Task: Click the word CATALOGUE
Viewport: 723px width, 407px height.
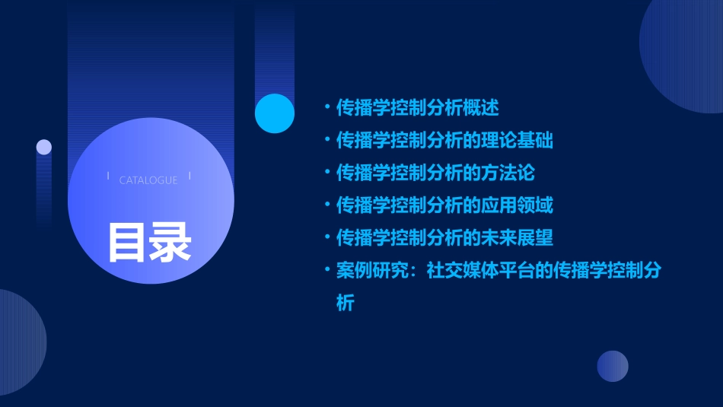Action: tap(148, 180)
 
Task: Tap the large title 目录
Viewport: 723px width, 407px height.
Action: tap(149, 242)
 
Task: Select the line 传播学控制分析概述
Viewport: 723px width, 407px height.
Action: tap(418, 108)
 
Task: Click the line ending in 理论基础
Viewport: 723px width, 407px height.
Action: tap(444, 141)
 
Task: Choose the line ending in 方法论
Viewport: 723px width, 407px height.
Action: tap(435, 173)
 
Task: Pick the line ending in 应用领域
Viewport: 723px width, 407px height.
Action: tap(444, 205)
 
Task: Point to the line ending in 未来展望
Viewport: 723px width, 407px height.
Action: tap(444, 238)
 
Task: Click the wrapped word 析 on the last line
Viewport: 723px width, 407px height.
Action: tap(346, 304)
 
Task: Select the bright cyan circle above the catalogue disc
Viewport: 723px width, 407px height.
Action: tap(275, 113)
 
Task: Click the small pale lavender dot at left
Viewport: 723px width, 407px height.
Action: tap(44, 147)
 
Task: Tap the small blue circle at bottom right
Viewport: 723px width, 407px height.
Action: tap(613, 366)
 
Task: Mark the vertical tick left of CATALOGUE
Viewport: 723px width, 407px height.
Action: tap(108, 176)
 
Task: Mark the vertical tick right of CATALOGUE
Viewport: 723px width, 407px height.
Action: tap(190, 176)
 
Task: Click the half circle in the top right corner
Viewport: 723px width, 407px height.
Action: tap(685, 53)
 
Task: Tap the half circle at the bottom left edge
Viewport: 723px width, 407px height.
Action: tap(19, 342)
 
